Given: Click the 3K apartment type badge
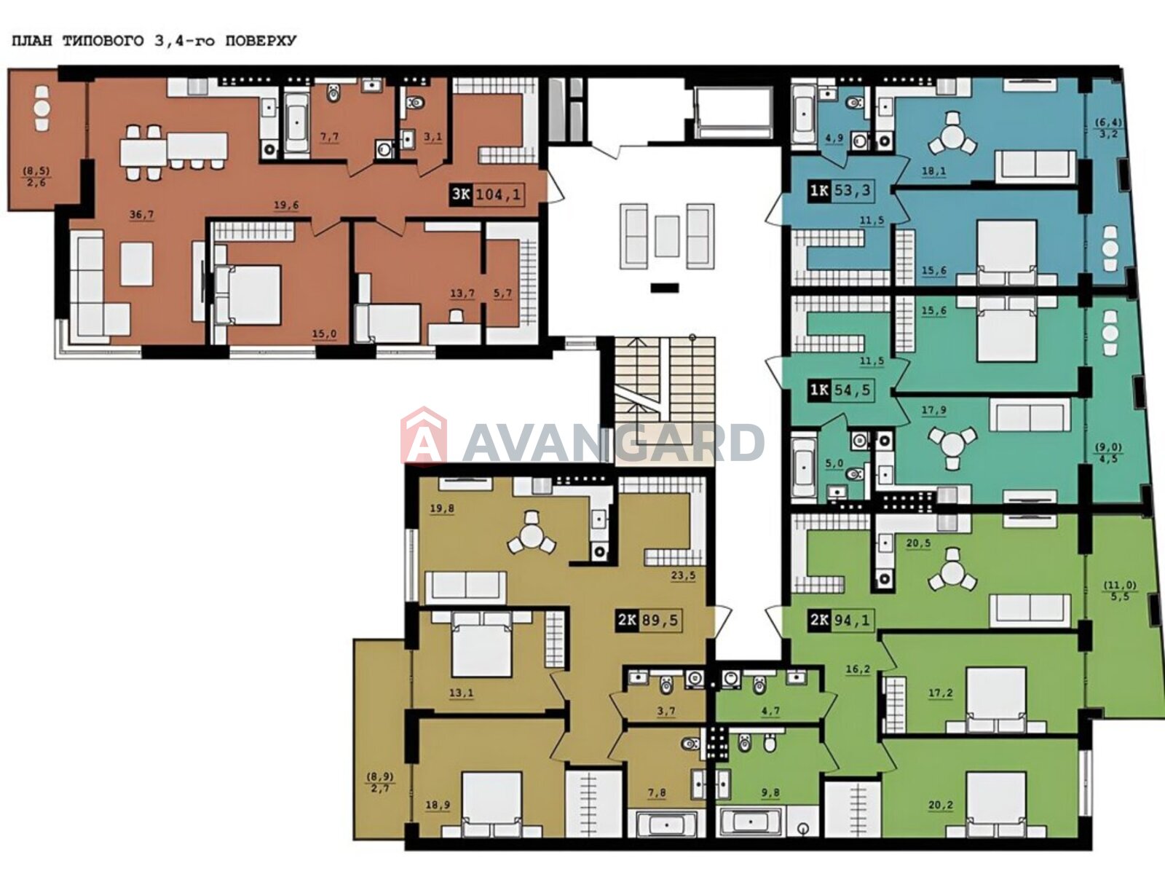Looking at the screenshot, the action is point(460,194).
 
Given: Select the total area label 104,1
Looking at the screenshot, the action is point(498,194).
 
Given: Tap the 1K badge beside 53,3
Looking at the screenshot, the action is point(819,191).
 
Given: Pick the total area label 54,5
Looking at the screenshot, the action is point(853,390).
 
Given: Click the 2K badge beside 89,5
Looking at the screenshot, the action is point(627,620).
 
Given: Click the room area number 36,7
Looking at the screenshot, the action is point(141,214).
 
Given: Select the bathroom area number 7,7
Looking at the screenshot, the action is point(329,137).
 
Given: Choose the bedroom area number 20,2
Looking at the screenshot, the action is point(941,805).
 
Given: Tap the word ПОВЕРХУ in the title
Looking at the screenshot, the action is point(261,41).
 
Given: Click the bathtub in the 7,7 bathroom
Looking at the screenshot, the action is point(296,123).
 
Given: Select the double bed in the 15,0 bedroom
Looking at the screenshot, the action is point(248,294).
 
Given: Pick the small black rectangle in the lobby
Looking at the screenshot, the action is point(665,288).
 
